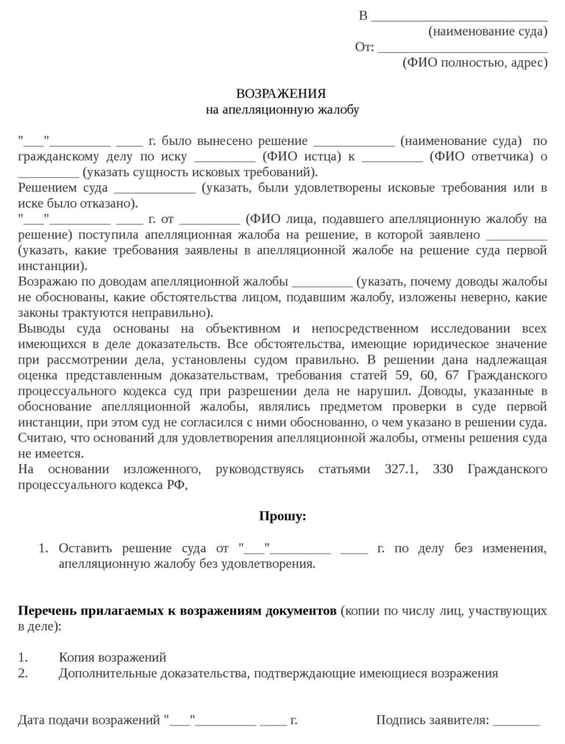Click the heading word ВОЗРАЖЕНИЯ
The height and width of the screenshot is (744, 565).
pos(280,94)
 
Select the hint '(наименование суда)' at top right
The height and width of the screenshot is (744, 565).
pos(488,32)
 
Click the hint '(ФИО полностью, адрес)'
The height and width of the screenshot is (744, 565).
pos(475,63)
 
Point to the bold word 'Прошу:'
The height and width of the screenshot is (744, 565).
pos(282,516)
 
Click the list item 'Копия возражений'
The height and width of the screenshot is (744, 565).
pos(113,657)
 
